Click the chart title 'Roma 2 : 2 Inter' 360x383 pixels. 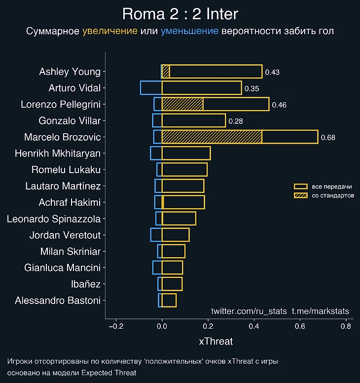pos(180,13)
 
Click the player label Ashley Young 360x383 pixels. pos(70,72)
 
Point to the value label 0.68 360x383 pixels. pos(328,138)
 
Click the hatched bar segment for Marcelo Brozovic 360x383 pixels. pos(212,137)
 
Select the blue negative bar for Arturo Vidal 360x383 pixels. pos(151,88)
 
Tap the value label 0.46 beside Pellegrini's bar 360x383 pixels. pos(279,105)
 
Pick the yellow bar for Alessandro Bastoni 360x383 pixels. pos(169,300)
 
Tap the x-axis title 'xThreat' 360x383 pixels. pos(216,341)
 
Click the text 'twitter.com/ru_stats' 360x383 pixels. pos(249,311)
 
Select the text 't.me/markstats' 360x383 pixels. pos(321,311)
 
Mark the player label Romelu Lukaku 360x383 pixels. pos(66,170)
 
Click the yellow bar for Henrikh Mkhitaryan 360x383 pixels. pos(186,153)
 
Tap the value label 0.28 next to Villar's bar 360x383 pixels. pos(236,121)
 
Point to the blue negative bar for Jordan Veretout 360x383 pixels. pos(156,235)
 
